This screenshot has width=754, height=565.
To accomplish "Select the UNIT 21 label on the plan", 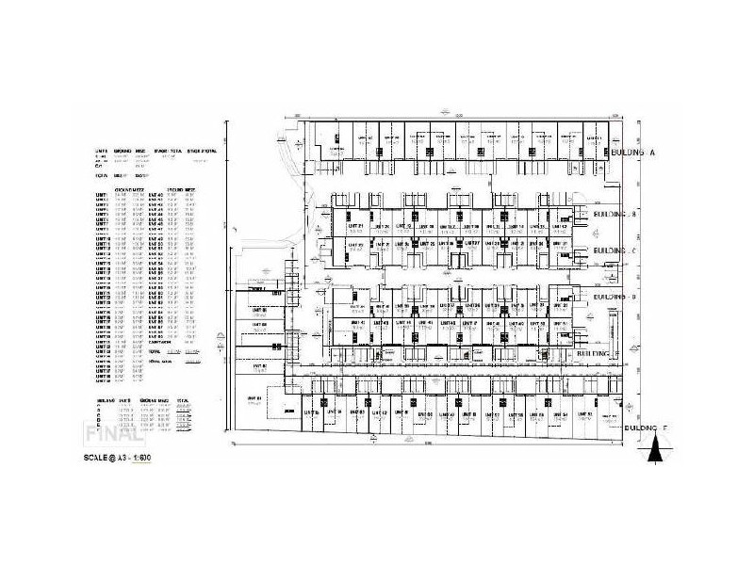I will pyautogui.click(x=354, y=227).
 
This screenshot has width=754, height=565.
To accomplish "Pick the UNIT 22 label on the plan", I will pyautogui.click(x=354, y=245).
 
